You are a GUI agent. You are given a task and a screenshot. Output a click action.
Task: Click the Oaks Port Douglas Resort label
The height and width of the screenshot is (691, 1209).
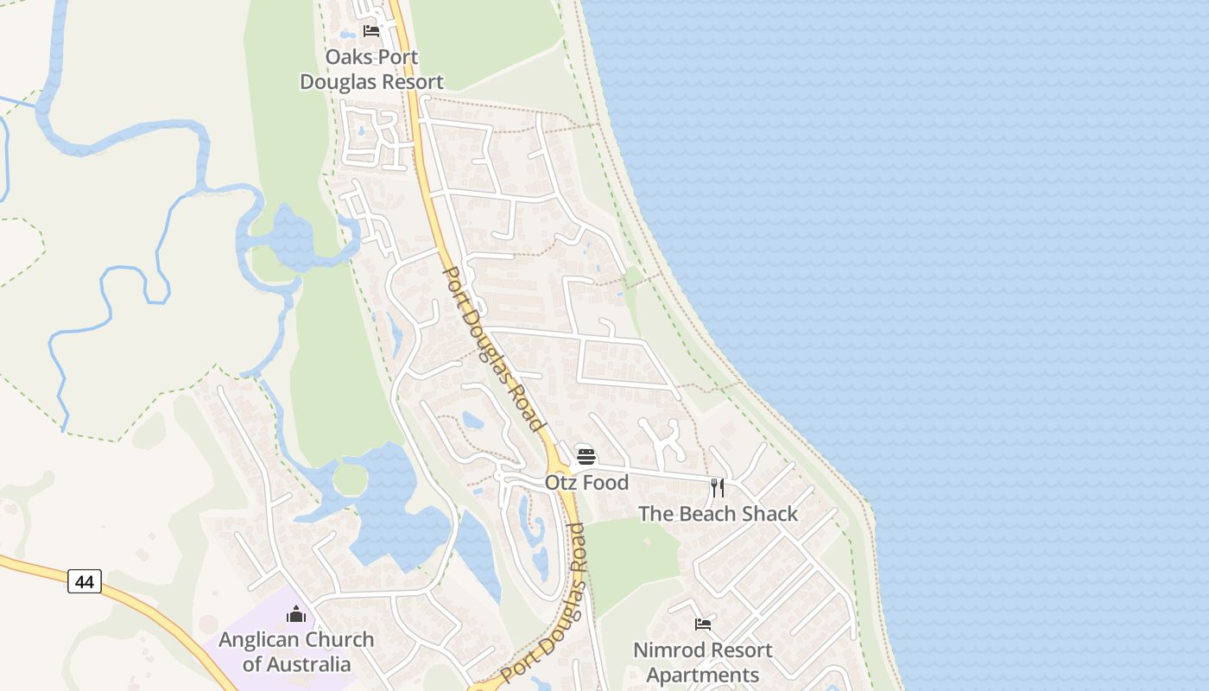tap(371, 69)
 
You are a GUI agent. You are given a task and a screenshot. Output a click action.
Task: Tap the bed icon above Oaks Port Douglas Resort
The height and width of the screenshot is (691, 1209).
tap(371, 31)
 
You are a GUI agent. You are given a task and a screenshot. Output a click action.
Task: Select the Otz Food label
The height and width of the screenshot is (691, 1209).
tap(586, 482)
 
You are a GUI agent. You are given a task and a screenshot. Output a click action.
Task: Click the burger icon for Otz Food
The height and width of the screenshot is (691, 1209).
tap(586, 456)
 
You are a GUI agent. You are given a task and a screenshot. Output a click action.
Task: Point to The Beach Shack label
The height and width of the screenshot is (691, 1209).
tap(718, 514)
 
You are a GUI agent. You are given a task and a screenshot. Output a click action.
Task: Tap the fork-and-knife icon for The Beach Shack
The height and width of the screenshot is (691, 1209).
tap(718, 488)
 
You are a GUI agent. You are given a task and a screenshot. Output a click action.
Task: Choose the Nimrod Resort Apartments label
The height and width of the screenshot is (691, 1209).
tap(702, 662)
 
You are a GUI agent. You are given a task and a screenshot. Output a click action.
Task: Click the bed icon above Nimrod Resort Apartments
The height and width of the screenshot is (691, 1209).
tap(703, 624)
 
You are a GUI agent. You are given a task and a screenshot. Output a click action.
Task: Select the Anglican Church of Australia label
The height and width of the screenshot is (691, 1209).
tap(296, 651)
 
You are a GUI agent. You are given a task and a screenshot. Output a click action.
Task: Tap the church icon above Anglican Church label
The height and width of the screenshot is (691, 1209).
tap(296, 614)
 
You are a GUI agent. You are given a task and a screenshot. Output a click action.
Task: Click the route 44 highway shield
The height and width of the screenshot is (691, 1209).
tap(85, 582)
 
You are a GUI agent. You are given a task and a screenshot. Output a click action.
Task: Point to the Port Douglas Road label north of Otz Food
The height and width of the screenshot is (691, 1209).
tap(494, 348)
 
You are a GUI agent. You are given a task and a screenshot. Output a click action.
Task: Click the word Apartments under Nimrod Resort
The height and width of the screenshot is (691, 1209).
tap(702, 675)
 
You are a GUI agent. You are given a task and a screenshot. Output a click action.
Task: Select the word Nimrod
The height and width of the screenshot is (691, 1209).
tap(666, 650)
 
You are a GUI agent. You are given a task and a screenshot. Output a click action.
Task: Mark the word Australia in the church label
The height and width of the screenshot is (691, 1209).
tap(308, 664)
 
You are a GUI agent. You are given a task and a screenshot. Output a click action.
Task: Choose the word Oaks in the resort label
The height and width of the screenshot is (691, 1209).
tap(346, 57)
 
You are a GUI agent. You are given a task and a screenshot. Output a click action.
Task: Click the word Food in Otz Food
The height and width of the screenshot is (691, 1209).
tap(605, 482)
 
